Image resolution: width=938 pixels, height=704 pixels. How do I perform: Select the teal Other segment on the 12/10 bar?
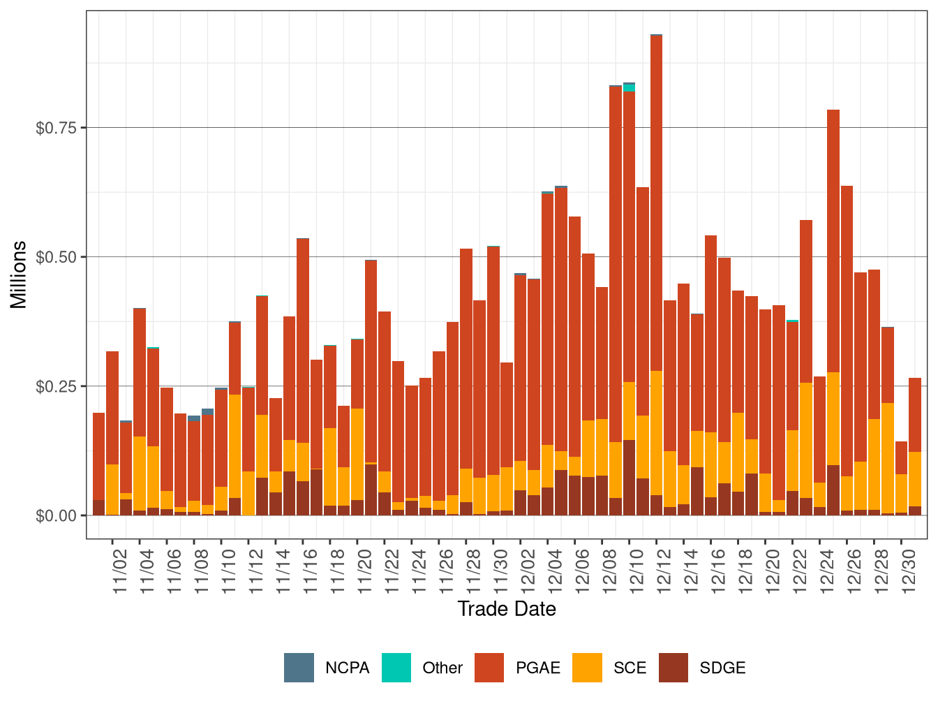(629, 88)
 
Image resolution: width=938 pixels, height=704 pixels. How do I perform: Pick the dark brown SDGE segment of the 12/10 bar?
(629, 478)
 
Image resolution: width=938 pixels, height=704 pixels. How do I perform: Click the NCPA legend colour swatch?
(299, 668)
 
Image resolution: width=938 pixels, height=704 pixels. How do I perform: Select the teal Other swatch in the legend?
(396, 668)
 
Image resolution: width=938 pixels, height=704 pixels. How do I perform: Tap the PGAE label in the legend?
(537, 668)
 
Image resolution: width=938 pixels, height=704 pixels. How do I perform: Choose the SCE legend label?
(630, 668)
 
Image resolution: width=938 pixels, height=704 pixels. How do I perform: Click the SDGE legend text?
(722, 668)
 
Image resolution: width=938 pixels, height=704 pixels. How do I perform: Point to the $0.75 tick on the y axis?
(57, 128)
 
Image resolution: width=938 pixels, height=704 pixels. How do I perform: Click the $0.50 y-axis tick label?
(57, 257)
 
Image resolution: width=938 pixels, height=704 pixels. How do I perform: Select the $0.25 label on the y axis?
(57, 386)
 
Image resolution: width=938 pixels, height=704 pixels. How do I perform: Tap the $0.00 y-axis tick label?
(57, 515)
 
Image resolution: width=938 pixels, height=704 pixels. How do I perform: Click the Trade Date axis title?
(507, 609)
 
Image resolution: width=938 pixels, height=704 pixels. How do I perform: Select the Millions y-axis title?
(19, 274)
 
